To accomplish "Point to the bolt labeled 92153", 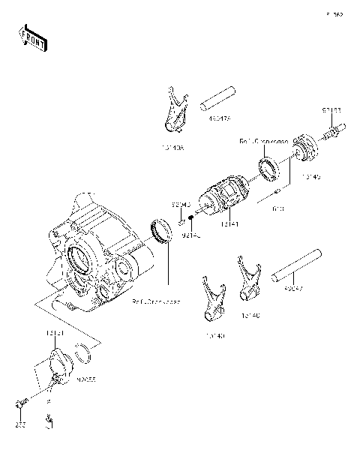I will [331, 135].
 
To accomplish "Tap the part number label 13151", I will [53, 331].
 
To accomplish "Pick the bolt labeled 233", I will [19, 405].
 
